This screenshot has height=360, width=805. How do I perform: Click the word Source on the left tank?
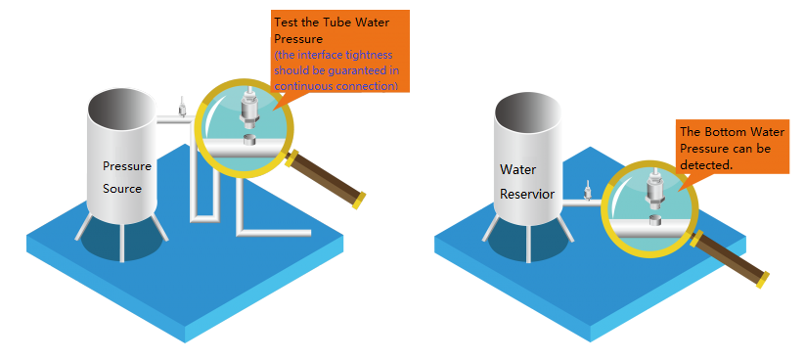coord(123,188)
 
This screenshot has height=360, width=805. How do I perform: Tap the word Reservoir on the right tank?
coord(527,194)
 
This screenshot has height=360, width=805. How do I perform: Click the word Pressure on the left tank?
coord(127,165)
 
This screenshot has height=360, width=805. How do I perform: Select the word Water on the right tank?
coord(517,169)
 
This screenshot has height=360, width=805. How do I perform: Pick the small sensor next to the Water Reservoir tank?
coord(587,189)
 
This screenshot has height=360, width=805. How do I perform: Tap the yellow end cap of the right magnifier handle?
coord(762,280)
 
